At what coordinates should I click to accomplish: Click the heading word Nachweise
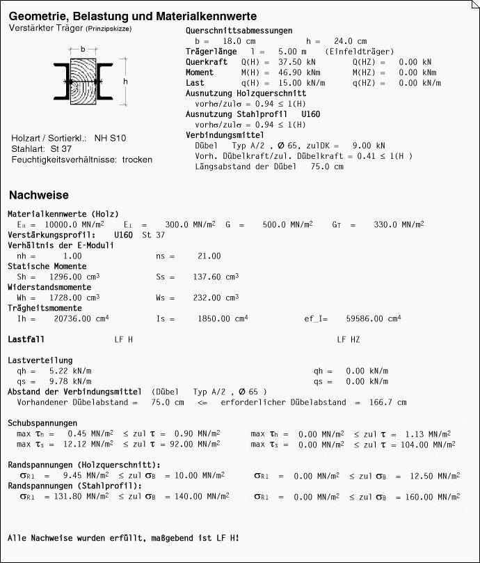[x=38, y=195]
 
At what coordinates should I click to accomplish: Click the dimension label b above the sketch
[x=83, y=50]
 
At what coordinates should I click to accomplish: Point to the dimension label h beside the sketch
[x=125, y=82]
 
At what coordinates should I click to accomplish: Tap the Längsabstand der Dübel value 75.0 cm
[x=326, y=167]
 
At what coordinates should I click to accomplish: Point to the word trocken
[x=137, y=160]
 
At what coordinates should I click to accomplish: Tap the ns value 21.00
[x=209, y=256]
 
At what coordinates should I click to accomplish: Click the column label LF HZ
[x=349, y=339]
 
